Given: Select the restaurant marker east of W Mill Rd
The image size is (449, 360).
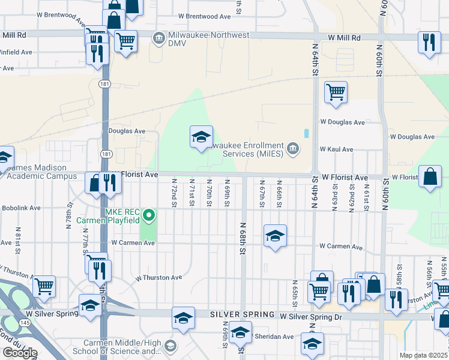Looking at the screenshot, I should click(428, 43).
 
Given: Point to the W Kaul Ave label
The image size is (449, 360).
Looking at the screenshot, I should click(336, 149).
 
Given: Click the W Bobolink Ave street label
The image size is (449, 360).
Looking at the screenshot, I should click(20, 208).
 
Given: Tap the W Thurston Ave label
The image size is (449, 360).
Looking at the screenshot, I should click(158, 278).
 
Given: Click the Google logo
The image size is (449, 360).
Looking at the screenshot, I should click(20, 352).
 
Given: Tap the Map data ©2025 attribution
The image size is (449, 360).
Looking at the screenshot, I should click(424, 355).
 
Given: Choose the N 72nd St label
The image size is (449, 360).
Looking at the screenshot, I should click(173, 193).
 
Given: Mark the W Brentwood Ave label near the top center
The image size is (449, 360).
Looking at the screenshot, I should click(205, 16).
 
